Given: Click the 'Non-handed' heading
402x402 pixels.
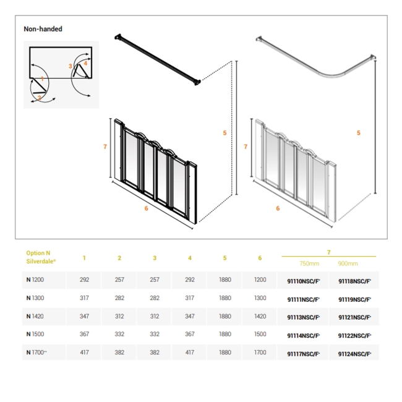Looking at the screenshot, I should (x=43, y=29).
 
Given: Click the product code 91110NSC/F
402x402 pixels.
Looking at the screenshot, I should (x=303, y=280).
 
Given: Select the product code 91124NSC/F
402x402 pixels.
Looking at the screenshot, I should (x=354, y=354).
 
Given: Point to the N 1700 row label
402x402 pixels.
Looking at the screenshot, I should (x=37, y=353).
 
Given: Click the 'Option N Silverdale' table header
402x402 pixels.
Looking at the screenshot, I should (x=41, y=257).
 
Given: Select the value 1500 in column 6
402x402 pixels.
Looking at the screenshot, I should (x=260, y=335).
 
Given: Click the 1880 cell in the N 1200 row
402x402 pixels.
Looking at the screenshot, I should (x=225, y=280).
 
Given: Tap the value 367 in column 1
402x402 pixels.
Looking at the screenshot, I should (x=85, y=335).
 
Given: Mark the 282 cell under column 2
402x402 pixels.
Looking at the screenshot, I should (x=119, y=298).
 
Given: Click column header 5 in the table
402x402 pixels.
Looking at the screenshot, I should (x=225, y=258).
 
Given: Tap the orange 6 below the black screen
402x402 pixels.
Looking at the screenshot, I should (x=146, y=208).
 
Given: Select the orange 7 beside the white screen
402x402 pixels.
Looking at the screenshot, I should (x=246, y=147).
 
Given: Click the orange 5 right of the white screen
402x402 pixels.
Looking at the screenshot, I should (x=359, y=133).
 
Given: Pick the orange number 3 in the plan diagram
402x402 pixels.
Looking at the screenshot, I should (x=71, y=66).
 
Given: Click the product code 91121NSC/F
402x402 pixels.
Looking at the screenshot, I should (x=354, y=317).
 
